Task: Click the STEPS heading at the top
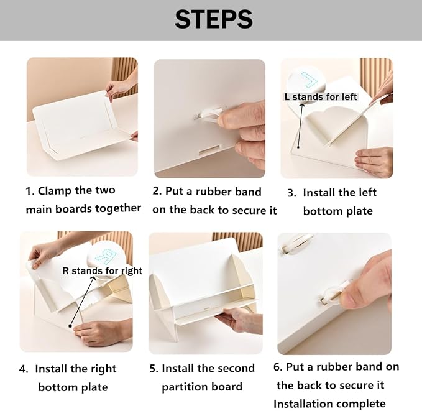tap(214, 19)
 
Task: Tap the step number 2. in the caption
tap(157, 191)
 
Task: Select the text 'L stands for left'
tap(321, 97)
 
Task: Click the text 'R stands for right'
tap(103, 270)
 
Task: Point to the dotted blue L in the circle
tap(310, 80)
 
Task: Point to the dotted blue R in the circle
tap(106, 256)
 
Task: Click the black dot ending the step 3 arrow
tap(298, 147)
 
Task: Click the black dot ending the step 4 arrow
tap(70, 326)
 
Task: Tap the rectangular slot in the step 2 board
tap(209, 151)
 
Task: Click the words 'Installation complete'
tap(329, 404)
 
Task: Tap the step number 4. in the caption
tap(24, 369)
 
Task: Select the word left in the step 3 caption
tap(367, 192)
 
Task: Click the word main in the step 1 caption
tap(39, 210)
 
